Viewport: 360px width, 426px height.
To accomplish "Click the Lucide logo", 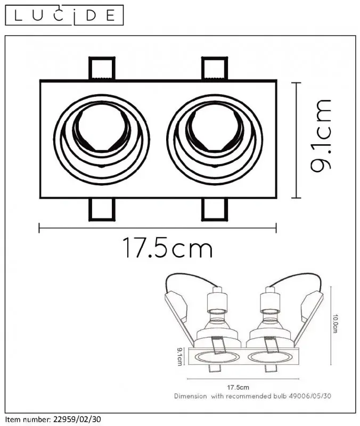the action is pyautogui.click(x=64, y=15).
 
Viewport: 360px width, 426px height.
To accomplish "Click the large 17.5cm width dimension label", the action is pyautogui.click(x=168, y=248).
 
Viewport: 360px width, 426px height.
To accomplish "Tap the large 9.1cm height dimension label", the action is pyautogui.click(x=321, y=136).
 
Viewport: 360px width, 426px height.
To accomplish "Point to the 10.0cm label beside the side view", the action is pyautogui.click(x=336, y=324).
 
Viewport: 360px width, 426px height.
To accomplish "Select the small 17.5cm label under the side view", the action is pyautogui.click(x=238, y=387).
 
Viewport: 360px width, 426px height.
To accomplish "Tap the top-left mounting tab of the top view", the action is pyautogui.click(x=102, y=69).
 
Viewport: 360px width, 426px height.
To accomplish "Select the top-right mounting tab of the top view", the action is pyautogui.click(x=215, y=69).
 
